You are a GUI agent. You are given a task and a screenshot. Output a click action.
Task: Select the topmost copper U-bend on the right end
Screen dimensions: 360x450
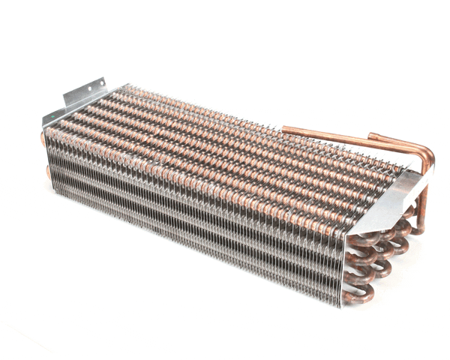pos(379,238)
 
